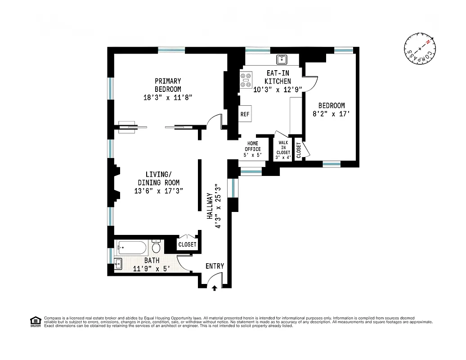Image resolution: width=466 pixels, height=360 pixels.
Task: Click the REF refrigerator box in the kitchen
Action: click(x=245, y=114)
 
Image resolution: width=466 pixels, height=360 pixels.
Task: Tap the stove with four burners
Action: click(x=246, y=80)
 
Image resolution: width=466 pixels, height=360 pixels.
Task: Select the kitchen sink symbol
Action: click(x=282, y=59)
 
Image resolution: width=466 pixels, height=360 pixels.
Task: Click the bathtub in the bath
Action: click(x=131, y=247)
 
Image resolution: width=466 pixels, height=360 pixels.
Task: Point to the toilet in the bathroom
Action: click(x=156, y=247)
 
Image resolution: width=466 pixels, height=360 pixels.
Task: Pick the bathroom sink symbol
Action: click(x=118, y=264)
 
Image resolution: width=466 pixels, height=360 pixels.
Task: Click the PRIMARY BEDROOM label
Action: click(x=168, y=85)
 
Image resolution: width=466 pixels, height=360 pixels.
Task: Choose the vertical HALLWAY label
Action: click(x=209, y=206)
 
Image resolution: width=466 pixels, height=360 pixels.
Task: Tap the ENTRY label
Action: click(x=215, y=266)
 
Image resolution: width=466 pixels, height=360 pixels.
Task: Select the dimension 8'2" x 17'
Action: click(x=331, y=114)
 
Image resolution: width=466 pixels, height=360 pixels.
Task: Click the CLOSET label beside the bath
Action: click(x=187, y=244)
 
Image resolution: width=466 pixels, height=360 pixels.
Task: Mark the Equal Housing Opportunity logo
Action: click(x=35, y=321)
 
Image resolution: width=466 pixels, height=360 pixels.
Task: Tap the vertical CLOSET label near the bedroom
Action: click(x=299, y=150)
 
